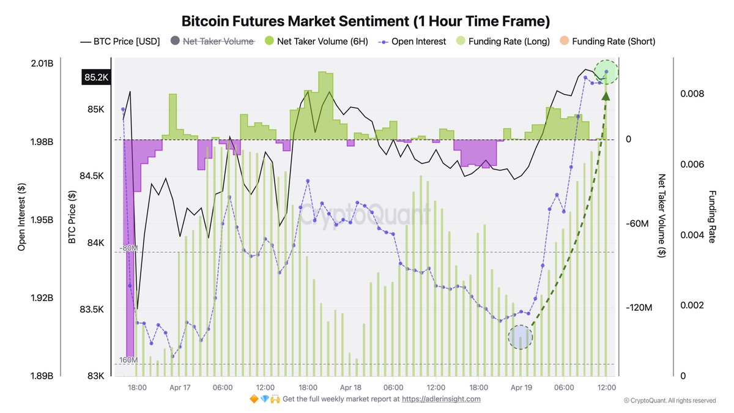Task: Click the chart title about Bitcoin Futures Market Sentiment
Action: (366, 21)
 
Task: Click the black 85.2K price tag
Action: (96, 78)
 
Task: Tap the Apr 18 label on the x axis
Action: (350, 387)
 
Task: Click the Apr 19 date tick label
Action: (521, 387)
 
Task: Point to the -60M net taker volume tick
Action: (639, 224)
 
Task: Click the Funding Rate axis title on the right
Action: (711, 217)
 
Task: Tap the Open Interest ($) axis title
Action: (22, 217)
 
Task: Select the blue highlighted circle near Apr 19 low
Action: (521, 337)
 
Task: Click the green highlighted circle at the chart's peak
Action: (606, 72)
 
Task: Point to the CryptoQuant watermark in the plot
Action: (365, 215)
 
